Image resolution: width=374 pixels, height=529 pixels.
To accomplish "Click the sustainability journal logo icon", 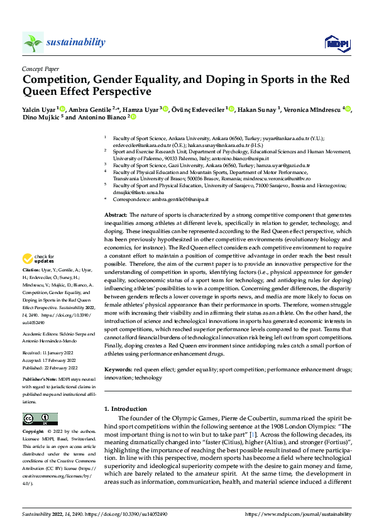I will pos(33,42).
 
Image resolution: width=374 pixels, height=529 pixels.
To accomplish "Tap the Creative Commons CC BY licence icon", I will pos(40,418).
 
